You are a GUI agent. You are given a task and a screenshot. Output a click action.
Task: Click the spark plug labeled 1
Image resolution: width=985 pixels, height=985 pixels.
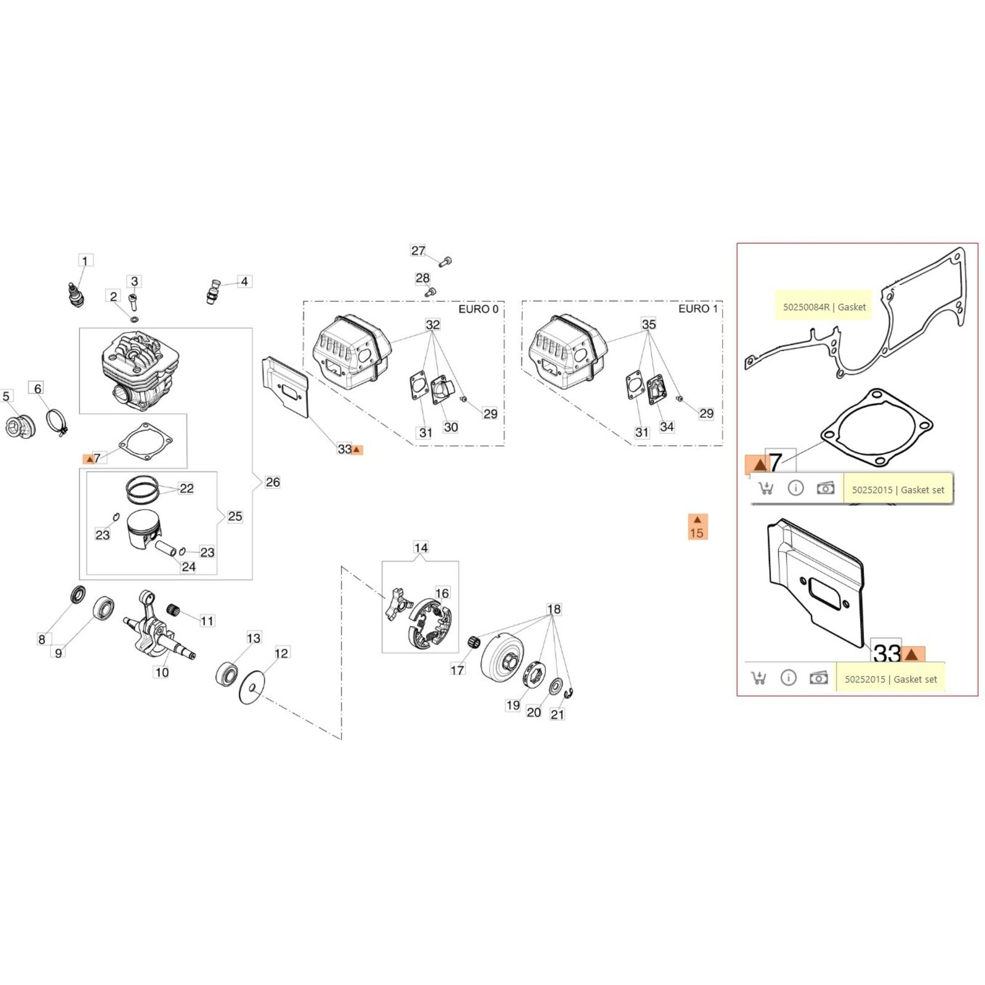coord(76,294)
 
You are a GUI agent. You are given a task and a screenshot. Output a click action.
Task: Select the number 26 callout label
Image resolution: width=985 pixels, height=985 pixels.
coord(272,482)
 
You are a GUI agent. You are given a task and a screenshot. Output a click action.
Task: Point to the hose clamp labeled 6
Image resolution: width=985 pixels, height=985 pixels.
coord(57,422)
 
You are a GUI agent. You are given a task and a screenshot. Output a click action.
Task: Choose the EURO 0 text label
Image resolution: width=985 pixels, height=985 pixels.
coord(478,309)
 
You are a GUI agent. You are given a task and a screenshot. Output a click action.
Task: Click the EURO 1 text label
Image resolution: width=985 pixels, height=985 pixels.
coord(698,309)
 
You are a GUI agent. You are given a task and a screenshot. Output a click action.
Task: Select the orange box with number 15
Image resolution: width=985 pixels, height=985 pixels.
coord(697,527)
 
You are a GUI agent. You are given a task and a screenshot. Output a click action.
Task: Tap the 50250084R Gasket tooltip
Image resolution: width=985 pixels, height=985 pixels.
coord(824,307)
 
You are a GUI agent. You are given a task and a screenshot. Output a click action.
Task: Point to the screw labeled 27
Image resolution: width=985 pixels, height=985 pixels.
coord(446,262)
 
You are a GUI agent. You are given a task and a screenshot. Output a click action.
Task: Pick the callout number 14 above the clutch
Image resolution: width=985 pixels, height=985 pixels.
coord(420,547)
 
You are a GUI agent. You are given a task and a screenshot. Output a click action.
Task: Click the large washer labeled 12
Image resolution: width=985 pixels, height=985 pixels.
coord(251,687)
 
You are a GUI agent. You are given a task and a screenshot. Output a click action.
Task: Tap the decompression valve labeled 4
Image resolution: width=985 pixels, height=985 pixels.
coord(213,290)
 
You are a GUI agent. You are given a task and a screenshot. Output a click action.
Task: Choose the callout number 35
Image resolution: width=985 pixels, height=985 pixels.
coord(648,324)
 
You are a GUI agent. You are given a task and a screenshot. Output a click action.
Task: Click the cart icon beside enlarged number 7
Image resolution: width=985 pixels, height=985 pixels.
coord(765,489)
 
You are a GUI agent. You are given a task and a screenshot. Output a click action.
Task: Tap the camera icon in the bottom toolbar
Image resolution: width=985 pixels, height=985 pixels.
coord(818,678)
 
